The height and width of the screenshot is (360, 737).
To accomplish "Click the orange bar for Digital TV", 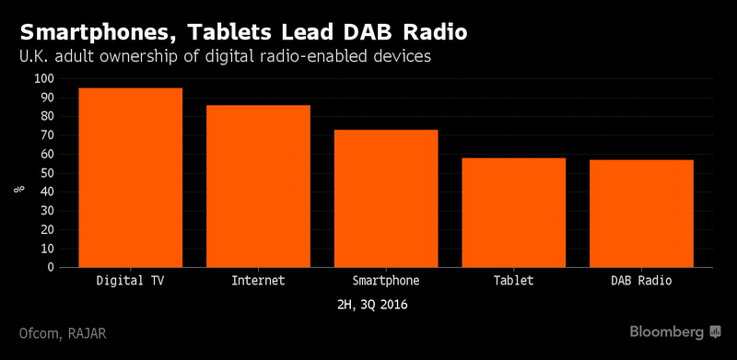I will click(130, 178).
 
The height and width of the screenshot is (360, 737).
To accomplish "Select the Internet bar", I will click(258, 186).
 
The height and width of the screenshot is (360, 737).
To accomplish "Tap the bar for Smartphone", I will click(386, 199).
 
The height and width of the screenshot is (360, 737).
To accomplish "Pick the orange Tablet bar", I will click(513, 213).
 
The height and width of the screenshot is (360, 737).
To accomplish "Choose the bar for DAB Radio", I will click(641, 214).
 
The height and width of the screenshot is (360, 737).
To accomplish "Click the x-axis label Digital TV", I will click(130, 279).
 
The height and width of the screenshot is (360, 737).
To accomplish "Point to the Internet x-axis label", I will click(258, 279).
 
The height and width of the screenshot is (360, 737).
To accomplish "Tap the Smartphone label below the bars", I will click(386, 279).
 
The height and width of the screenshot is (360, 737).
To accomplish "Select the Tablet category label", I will click(513, 279).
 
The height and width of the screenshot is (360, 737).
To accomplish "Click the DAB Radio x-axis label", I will click(641, 279).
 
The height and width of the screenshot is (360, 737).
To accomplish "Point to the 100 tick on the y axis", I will click(43, 79).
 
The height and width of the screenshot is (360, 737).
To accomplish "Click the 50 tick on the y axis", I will click(47, 173).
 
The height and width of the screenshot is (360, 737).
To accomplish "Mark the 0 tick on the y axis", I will click(51, 268).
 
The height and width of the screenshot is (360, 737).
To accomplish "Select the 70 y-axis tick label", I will click(47, 135).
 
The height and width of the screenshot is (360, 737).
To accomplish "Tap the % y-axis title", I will click(18, 190).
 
